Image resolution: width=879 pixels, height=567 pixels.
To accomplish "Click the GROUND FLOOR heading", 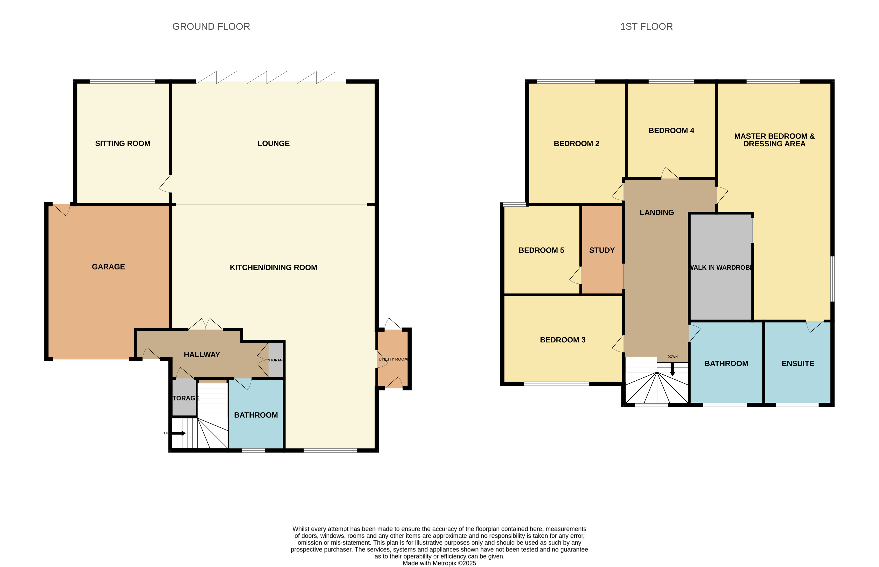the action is (x=211, y=27).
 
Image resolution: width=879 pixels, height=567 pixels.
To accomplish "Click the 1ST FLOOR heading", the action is (x=647, y=27).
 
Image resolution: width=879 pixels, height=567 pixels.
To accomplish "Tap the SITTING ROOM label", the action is (x=123, y=144).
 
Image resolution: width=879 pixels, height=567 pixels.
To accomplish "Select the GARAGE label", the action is (x=108, y=267).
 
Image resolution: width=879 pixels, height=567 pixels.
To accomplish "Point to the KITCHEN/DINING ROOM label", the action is (x=273, y=268).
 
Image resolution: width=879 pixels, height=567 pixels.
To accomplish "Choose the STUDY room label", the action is (x=602, y=250).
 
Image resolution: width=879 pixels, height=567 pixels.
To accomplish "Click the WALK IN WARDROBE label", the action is (x=721, y=268).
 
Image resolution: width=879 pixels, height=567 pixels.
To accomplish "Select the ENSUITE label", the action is (x=798, y=364).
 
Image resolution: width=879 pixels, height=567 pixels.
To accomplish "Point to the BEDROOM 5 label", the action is (x=541, y=250).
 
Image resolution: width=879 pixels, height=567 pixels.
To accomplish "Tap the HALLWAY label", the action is (x=202, y=355).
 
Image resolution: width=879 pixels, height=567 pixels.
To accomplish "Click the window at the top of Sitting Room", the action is (x=123, y=81).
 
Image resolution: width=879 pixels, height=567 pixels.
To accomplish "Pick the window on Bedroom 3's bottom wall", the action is (x=556, y=384).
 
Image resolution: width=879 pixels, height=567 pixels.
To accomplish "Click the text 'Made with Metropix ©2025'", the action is (x=439, y=563).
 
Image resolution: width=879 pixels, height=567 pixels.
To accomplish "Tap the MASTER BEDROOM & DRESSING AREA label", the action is (x=774, y=140).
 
